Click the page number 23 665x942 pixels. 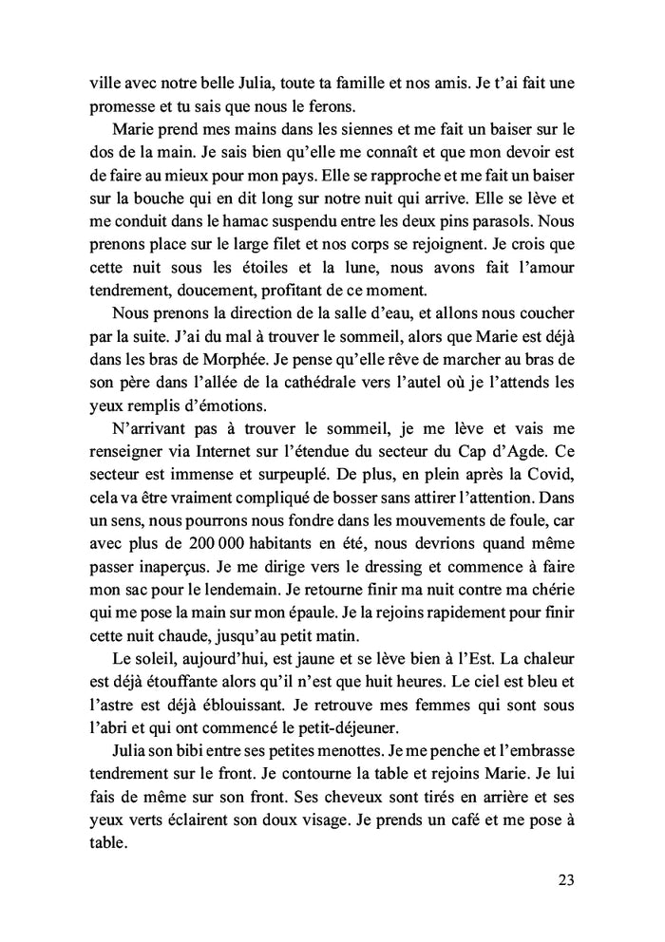point(566,878)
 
